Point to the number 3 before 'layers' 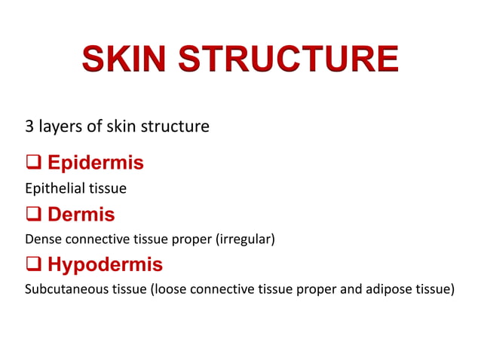click(30, 126)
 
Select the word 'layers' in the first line click(60, 127)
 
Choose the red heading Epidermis click(95, 163)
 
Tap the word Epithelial click(53, 188)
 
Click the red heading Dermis click(81, 215)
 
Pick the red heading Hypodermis click(105, 265)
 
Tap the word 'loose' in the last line click(172, 289)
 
